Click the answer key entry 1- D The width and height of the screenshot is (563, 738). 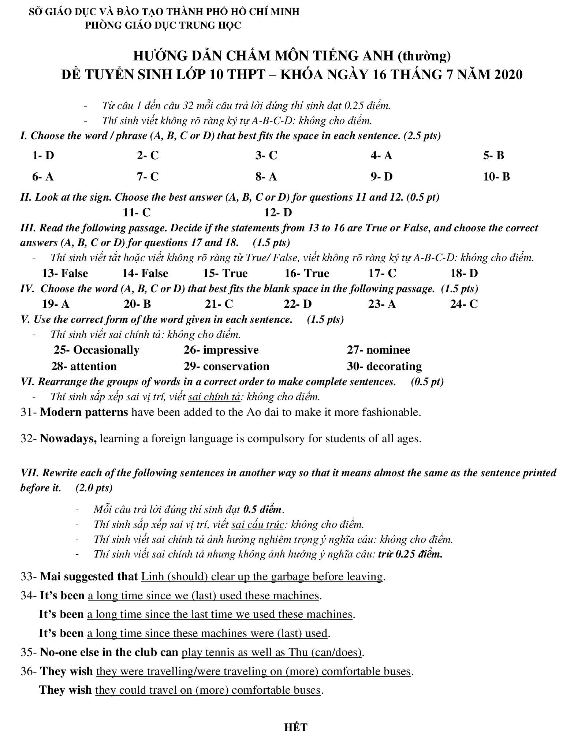click(43, 156)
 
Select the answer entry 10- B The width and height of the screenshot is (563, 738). click(496, 177)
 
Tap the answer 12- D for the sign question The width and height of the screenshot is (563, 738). click(278, 213)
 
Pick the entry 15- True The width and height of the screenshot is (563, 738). click(225, 273)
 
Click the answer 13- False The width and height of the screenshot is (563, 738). click(65, 273)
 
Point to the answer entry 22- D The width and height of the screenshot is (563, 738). click(297, 304)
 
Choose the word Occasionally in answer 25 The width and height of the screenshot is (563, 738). click(106, 350)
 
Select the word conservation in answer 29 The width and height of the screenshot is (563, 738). click(236, 366)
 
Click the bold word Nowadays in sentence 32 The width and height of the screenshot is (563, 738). click(68, 439)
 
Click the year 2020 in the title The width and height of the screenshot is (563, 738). click(508, 75)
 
